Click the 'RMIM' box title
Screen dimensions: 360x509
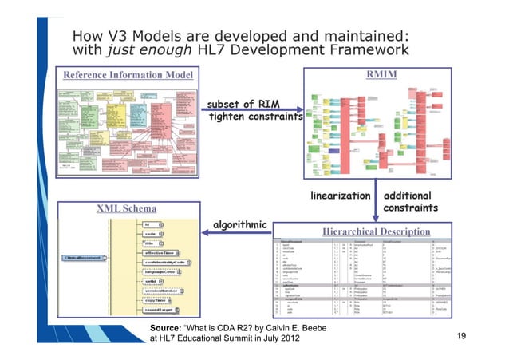(x=381, y=75)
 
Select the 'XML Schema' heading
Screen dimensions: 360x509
(x=126, y=208)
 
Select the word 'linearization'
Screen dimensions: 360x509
(x=340, y=195)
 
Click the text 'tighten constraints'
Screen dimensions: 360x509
(x=255, y=118)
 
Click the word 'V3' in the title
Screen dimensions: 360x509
(x=117, y=35)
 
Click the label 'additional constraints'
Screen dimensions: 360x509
(x=411, y=201)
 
